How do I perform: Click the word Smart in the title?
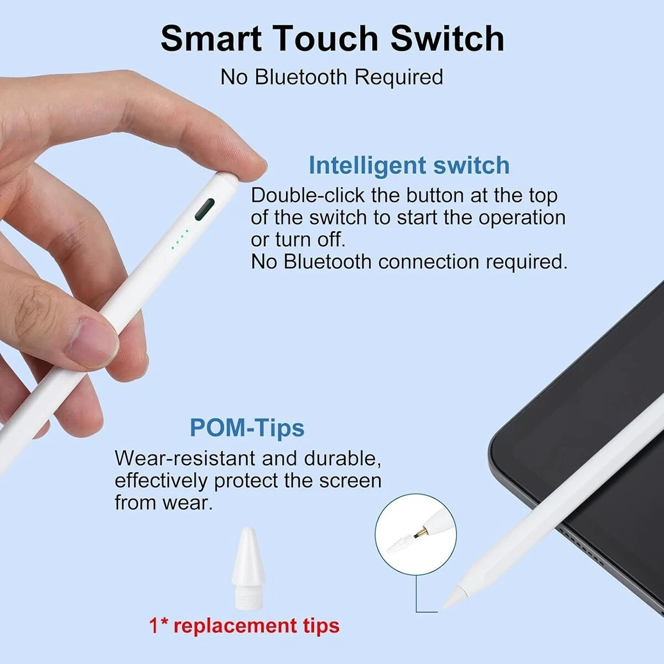(x=211, y=39)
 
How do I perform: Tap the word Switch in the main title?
(x=447, y=39)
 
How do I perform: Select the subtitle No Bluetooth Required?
(x=332, y=77)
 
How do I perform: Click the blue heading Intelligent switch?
(x=409, y=165)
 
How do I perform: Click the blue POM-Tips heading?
(x=247, y=428)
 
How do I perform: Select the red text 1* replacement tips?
(x=244, y=626)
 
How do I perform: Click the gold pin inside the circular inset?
(x=421, y=533)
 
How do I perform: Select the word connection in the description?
(x=428, y=262)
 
